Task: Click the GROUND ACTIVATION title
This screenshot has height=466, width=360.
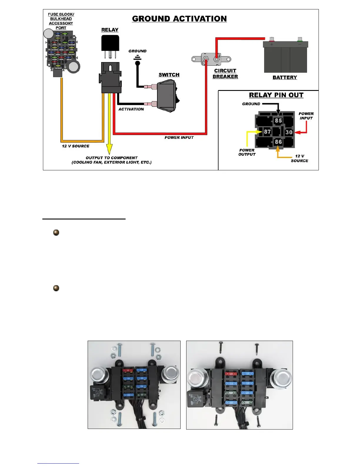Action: click(x=179, y=19)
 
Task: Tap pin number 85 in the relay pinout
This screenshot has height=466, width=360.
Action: click(x=278, y=121)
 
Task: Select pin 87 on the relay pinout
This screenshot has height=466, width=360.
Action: click(x=267, y=132)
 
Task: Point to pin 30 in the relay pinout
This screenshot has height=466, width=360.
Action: click(x=289, y=132)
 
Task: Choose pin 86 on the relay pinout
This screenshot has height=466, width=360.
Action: click(x=278, y=142)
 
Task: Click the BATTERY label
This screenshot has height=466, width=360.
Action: click(x=285, y=77)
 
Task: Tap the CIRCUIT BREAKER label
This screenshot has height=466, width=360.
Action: click(x=225, y=74)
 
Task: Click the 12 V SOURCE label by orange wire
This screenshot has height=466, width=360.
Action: click(x=76, y=146)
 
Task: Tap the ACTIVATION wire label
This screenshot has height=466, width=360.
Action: click(x=131, y=109)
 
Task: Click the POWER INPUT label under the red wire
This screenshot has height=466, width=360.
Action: click(x=179, y=137)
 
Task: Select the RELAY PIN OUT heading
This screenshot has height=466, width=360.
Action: click(x=276, y=95)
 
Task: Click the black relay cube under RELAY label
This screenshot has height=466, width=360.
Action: click(x=110, y=43)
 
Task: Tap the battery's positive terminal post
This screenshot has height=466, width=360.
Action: click(x=271, y=39)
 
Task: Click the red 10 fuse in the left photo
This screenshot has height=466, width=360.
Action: click(x=128, y=370)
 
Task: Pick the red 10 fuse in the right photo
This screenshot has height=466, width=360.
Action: click(x=231, y=374)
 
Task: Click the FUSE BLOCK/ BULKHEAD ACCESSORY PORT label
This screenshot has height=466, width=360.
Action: click(x=61, y=21)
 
